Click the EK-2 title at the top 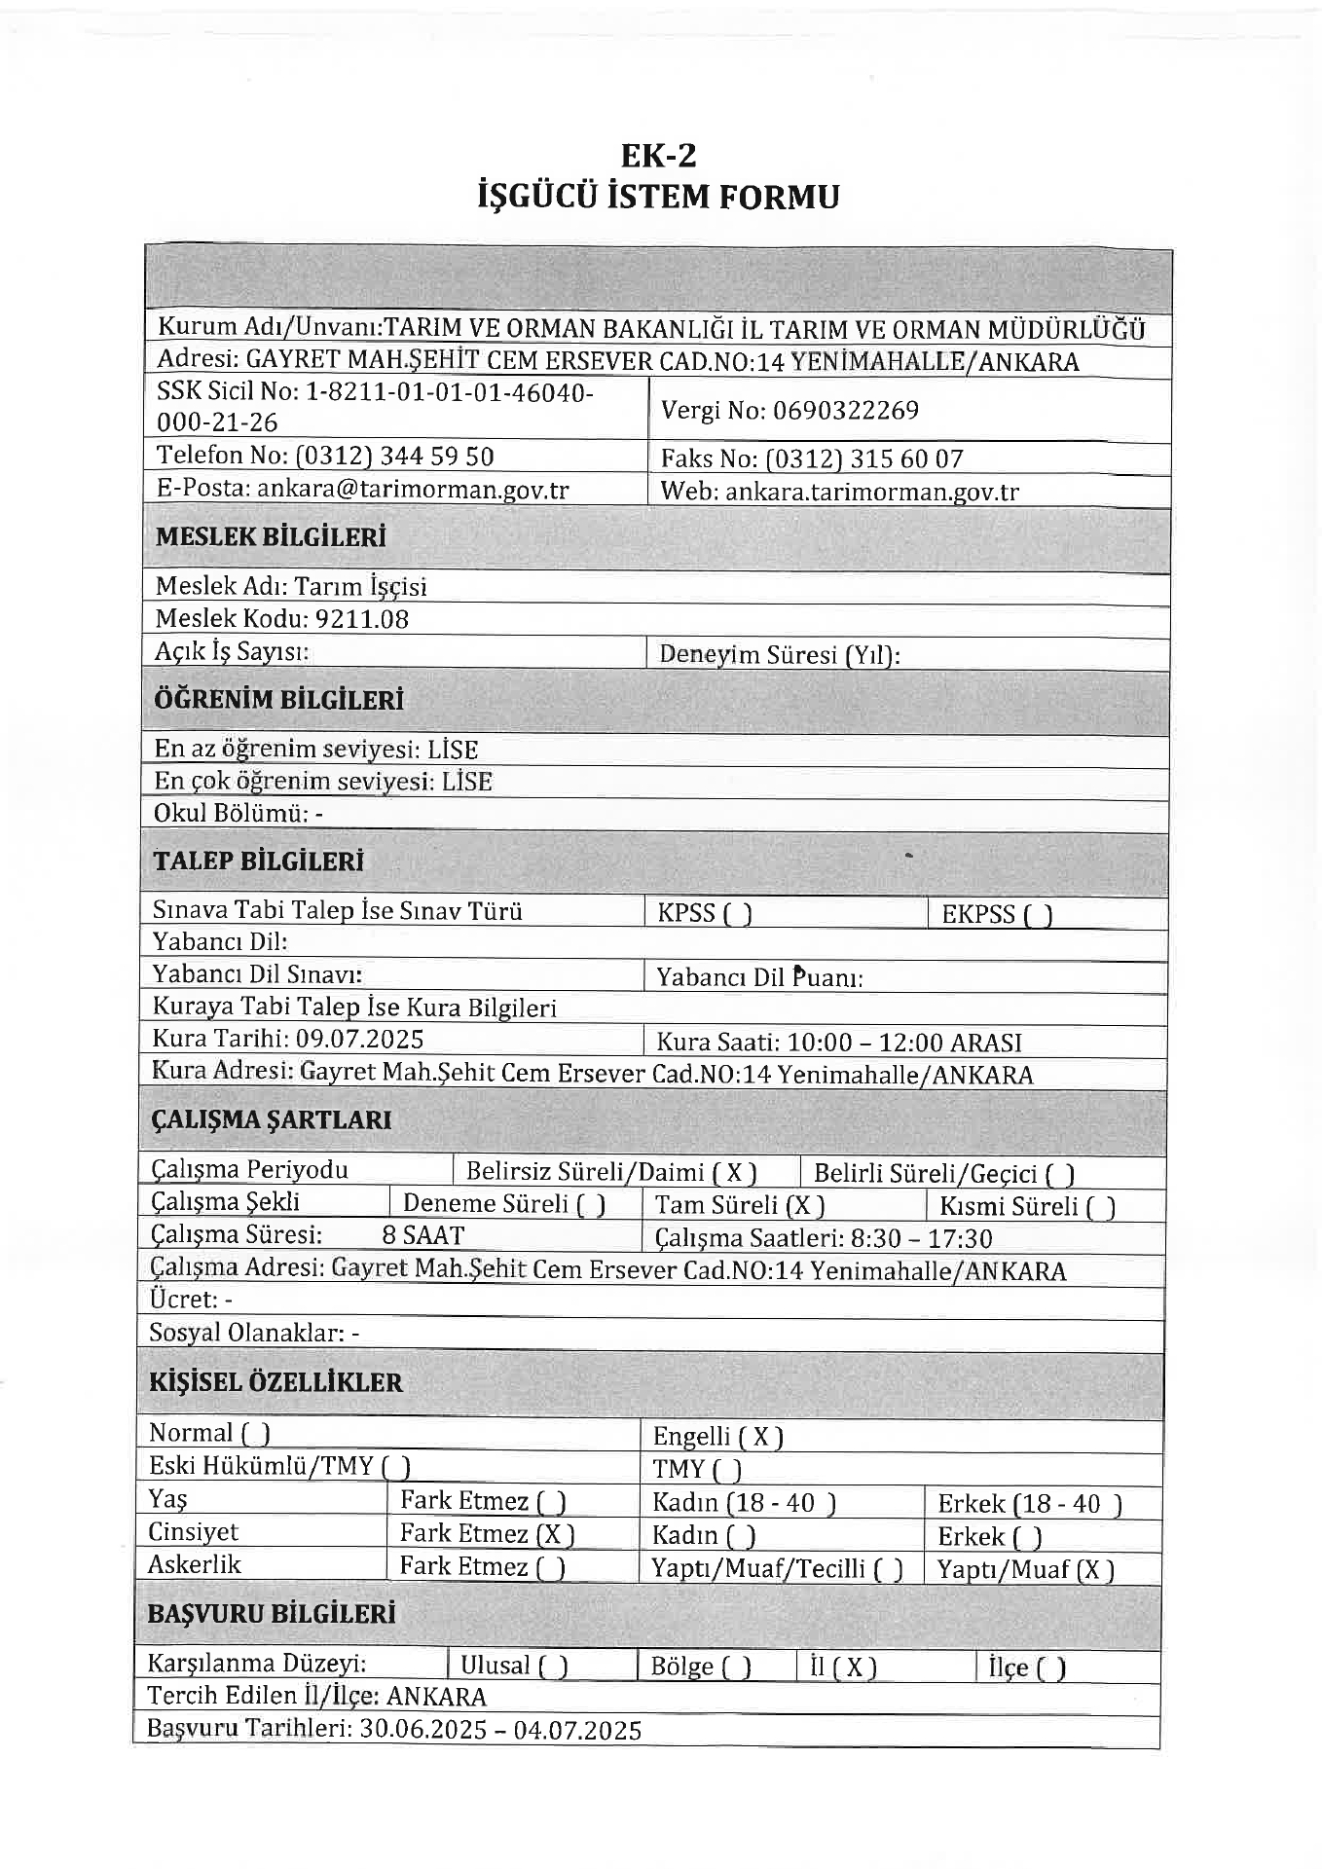pos(659,156)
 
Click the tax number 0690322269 pos(845,411)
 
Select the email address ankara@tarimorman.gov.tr pos(413,489)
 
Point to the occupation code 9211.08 pos(361,619)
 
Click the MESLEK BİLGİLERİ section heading pos(271,536)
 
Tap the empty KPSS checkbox pos(736,915)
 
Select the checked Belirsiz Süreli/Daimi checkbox pos(735,1173)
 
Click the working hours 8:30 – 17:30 pos(921,1238)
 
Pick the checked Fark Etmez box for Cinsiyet pos(555,1535)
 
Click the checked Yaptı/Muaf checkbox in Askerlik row pos(1095,1569)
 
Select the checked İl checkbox pos(854,1667)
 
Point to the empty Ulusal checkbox pos(553,1667)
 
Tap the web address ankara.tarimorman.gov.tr pos(872,492)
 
